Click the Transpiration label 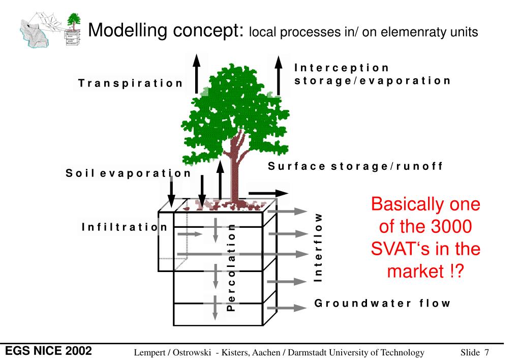tap(130, 83)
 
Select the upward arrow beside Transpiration tap(197, 74)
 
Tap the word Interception tap(341, 68)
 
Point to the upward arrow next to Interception tap(279, 76)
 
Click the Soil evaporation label tap(128, 173)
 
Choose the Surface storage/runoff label tap(355, 166)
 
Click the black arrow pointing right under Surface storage tap(268, 193)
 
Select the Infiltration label tap(125, 227)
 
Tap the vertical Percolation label tap(231, 267)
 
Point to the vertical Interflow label tap(318, 248)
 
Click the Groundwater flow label tap(382, 303)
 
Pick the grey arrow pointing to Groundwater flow tap(287, 308)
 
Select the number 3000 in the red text tap(451, 226)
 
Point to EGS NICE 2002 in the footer tap(48, 351)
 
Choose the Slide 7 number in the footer tap(475, 352)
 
